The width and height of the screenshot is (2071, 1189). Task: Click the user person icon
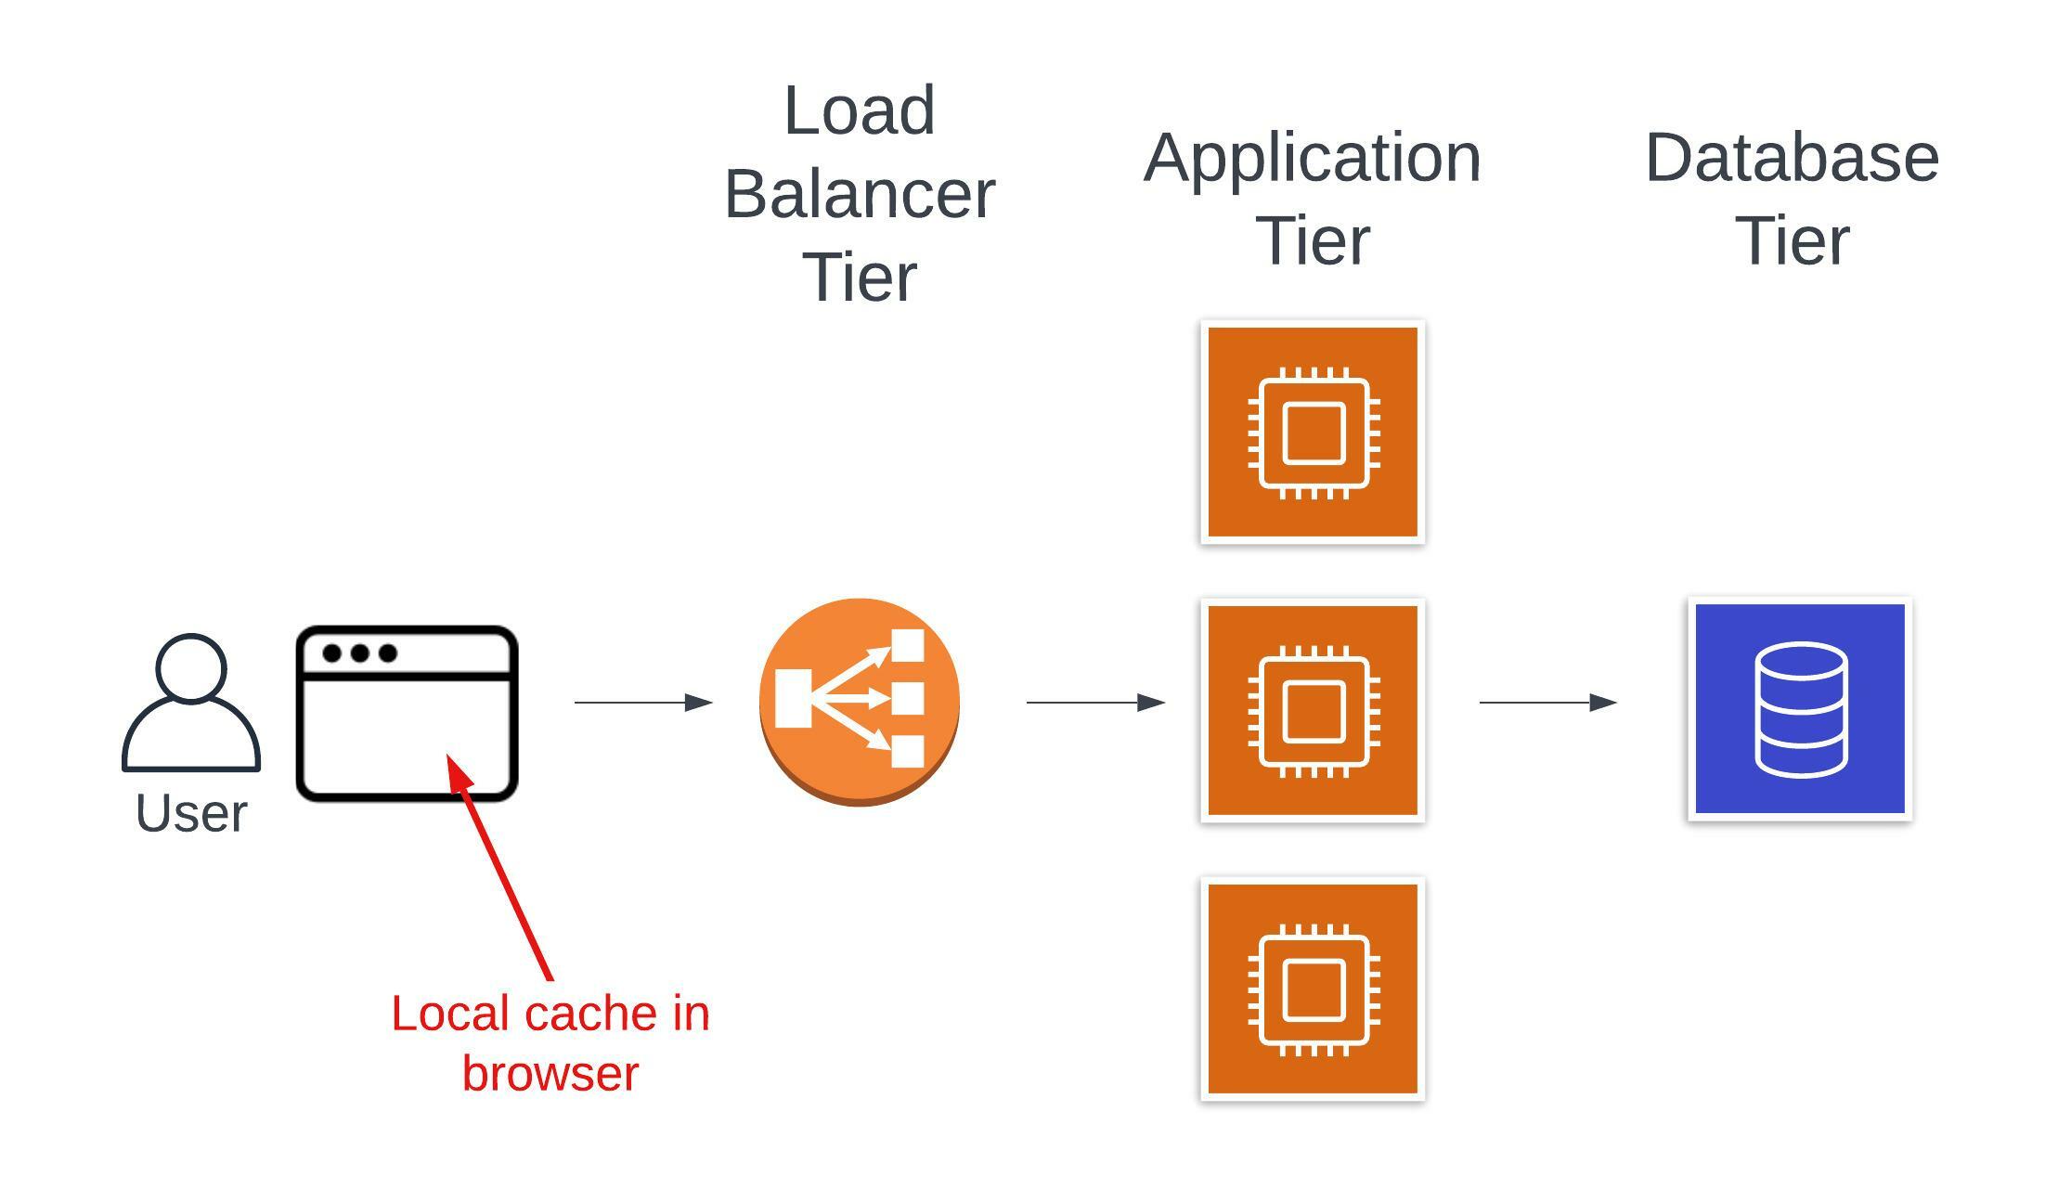[190, 704]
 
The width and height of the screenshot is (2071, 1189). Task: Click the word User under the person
[191, 814]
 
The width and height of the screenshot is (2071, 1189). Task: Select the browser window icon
[407, 713]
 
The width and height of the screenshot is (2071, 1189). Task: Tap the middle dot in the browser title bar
[360, 653]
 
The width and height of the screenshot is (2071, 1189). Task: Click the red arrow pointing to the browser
[501, 868]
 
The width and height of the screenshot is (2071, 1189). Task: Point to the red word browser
[550, 1074]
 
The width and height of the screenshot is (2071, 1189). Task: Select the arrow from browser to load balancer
[643, 703]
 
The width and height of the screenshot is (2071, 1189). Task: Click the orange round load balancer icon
[859, 702]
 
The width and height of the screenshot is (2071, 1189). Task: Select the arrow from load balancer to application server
[1095, 703]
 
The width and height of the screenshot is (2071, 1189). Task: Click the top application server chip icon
[1313, 433]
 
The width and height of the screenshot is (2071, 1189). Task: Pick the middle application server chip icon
[1313, 711]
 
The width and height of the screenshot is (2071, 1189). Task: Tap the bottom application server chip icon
[1313, 989]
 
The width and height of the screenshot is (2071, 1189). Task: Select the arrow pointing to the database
[1547, 703]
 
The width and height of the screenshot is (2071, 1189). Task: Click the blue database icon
[1800, 709]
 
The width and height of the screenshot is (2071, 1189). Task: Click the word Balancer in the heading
[860, 195]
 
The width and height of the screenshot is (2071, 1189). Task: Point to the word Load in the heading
[859, 111]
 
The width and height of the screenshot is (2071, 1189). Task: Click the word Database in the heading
[1792, 158]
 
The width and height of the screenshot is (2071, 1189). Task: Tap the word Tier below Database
[1792, 241]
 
